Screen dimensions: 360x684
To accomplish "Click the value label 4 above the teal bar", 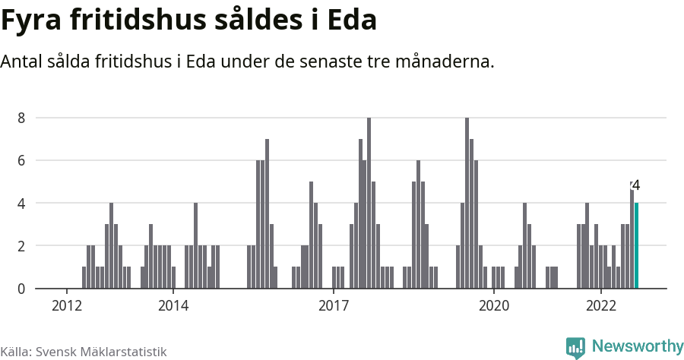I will [x=636, y=185].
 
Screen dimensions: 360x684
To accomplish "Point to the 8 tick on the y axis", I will [x=22, y=118].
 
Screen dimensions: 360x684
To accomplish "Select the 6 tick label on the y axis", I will [x=22, y=160].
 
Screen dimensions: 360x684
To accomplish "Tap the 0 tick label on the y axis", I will [x=22, y=289].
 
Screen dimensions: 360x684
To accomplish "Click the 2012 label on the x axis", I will [x=67, y=305].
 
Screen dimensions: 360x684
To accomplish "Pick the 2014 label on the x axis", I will [x=173, y=305].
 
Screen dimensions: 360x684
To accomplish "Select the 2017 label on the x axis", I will [x=334, y=305].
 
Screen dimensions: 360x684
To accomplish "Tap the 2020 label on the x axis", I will [x=494, y=305].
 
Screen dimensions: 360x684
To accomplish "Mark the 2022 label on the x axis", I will [x=600, y=305].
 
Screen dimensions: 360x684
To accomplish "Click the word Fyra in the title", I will [x=35, y=21].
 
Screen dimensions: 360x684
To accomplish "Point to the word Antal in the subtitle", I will [x=22, y=62].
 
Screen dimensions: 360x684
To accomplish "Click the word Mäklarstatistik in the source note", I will [x=122, y=352].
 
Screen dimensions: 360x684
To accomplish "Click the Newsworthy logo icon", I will [x=575, y=347].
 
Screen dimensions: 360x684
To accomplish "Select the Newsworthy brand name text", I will [x=637, y=346].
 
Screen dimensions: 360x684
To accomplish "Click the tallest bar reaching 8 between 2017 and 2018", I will [x=369, y=203].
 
